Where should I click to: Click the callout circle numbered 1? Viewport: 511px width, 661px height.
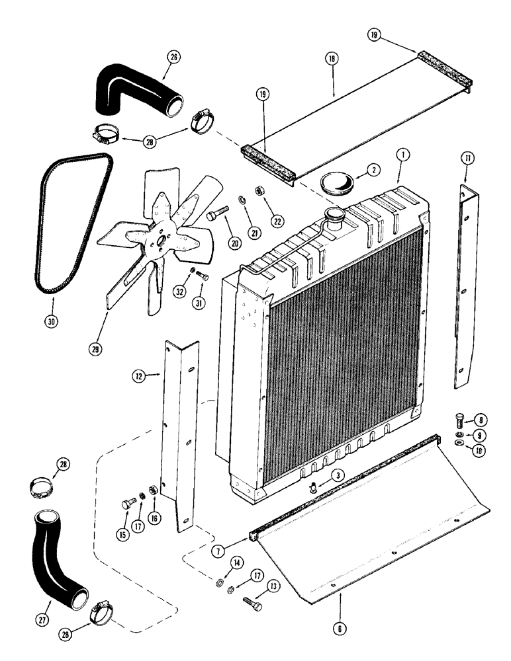[x=401, y=156]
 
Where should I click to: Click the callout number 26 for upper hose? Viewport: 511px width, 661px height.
[x=173, y=57]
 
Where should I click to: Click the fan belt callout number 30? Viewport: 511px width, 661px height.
[x=52, y=322]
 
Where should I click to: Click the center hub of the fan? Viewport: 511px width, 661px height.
[x=159, y=241]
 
